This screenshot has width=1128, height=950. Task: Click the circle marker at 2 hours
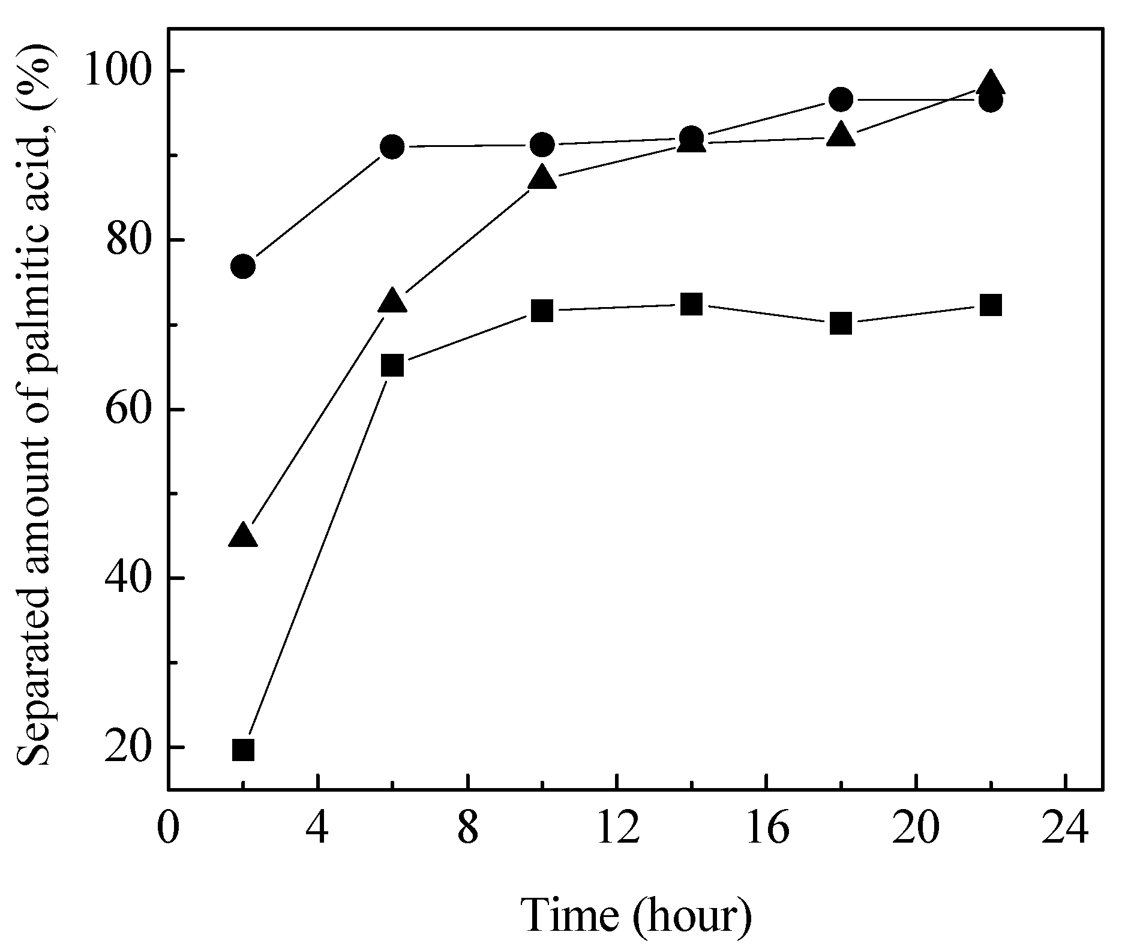[x=243, y=266]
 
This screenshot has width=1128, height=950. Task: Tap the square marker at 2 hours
[x=243, y=750]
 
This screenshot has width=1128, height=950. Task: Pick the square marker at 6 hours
[x=392, y=365]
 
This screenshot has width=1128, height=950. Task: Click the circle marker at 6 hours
[x=392, y=146]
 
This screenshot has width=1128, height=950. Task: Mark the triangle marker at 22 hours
[x=991, y=84]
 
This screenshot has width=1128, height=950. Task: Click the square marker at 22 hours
[x=991, y=305]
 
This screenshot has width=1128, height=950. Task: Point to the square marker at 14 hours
[x=692, y=305]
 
